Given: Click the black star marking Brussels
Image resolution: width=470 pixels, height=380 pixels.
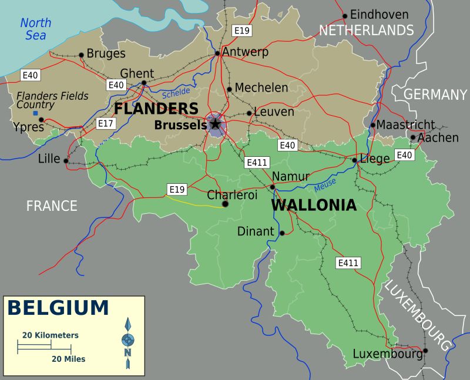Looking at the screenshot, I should point(215,124).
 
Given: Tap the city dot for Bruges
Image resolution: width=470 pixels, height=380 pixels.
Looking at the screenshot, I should point(81,55).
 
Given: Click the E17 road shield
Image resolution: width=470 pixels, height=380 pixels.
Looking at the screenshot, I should point(106,123).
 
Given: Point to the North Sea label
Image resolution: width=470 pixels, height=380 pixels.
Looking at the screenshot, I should point(35,29).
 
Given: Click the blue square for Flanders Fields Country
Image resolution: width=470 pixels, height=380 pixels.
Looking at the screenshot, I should point(35,113).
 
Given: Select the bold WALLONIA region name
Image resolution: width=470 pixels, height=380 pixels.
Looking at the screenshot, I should point(313,206).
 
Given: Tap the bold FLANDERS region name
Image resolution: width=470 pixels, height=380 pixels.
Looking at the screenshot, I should point(156,109).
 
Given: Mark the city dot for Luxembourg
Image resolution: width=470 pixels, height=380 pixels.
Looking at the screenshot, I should point(425,351).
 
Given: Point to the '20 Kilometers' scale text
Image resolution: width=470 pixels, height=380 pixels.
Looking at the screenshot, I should point(51,335).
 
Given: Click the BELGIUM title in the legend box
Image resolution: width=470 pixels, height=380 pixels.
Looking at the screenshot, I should point(58,308).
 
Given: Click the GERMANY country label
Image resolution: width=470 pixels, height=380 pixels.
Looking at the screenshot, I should point(435,95).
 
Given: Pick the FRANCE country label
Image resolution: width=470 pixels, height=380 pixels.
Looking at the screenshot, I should point(52,206).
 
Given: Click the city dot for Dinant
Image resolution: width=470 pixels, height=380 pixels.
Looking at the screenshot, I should point(282,233).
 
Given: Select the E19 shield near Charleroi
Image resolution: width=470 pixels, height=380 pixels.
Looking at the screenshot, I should point(177,189).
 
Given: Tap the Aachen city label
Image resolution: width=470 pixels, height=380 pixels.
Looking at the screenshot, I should point(438,138).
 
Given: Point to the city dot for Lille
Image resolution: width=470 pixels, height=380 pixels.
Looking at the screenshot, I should point(66,160).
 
